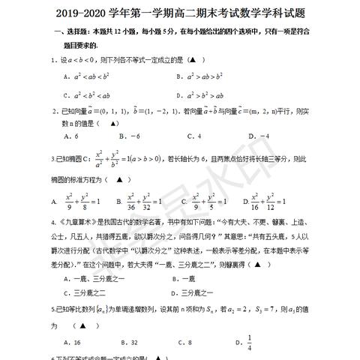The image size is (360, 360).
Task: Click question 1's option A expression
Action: (91, 76)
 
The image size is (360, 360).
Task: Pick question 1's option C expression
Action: (91, 95)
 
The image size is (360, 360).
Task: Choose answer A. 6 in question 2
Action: (72, 136)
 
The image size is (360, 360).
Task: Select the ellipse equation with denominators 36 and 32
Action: (139, 201)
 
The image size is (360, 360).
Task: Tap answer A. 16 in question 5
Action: (72, 341)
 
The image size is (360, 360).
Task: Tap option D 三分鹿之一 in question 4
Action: (198, 292)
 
